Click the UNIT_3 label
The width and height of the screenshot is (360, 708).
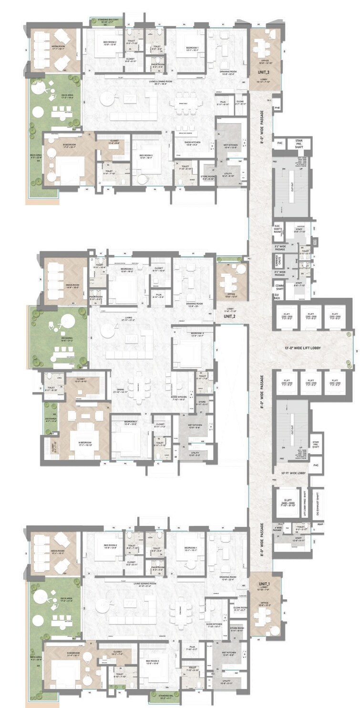click(264, 72)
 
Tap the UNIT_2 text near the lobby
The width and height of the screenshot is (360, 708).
click(229, 316)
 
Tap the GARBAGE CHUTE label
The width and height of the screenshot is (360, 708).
click(279, 260)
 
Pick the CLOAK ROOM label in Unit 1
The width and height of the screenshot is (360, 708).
click(240, 609)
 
